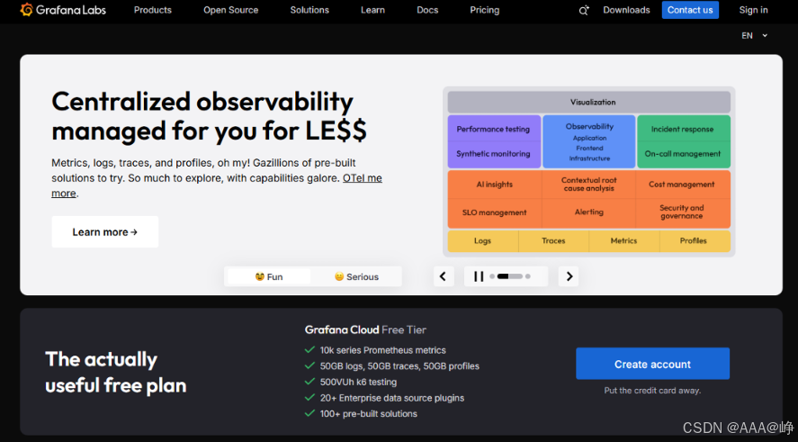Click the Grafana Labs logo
point(63,10)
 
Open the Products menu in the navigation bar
point(153,10)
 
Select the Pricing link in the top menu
point(485,10)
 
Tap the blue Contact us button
point(690,10)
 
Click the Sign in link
point(753,10)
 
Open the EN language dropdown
point(754,36)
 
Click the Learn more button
point(105,231)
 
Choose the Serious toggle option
point(356,276)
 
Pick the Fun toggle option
point(269,276)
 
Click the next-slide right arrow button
point(569,276)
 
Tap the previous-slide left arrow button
point(444,276)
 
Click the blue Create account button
point(652,364)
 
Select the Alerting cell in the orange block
point(589,212)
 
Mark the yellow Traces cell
point(553,241)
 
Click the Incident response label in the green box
point(682,130)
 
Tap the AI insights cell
point(494,185)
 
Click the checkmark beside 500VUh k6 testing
point(309,382)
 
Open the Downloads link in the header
point(626,10)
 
